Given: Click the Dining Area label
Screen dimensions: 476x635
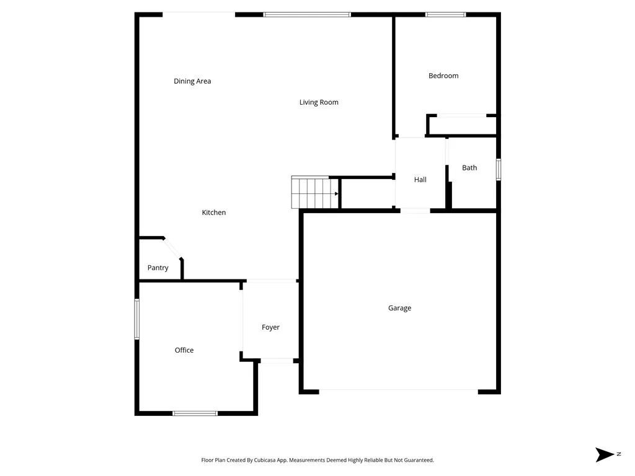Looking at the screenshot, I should pyautogui.click(x=192, y=81).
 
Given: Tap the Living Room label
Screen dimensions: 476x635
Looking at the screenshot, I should pyautogui.click(x=319, y=102).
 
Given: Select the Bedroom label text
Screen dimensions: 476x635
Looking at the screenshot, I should pyautogui.click(x=443, y=76).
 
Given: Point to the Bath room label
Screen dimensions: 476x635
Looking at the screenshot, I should pyautogui.click(x=469, y=167).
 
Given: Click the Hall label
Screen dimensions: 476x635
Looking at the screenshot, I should pyautogui.click(x=420, y=180).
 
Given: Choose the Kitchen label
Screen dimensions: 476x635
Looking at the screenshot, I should pyautogui.click(x=214, y=213).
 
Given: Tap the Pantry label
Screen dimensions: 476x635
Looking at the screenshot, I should pyautogui.click(x=158, y=268).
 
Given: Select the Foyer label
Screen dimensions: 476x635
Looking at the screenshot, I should pyautogui.click(x=270, y=327).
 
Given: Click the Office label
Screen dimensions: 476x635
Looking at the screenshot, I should pyautogui.click(x=184, y=350).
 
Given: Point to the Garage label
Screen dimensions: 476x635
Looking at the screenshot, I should pyautogui.click(x=399, y=308).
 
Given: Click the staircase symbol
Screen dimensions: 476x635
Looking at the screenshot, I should pyautogui.click(x=315, y=193).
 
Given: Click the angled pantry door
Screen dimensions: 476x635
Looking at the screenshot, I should pyautogui.click(x=172, y=248).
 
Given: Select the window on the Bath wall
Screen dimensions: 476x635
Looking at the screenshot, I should pyautogui.click(x=498, y=170).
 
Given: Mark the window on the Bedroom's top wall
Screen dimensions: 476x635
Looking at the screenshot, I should pyautogui.click(x=445, y=14).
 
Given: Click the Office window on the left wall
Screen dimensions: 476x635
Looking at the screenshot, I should pyautogui.click(x=137, y=319).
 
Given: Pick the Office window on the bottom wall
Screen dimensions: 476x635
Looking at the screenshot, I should pyautogui.click(x=195, y=413).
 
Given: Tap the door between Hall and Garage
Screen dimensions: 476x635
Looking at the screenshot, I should pyautogui.click(x=415, y=211).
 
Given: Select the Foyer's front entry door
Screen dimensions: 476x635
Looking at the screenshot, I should pyautogui.click(x=277, y=360).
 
